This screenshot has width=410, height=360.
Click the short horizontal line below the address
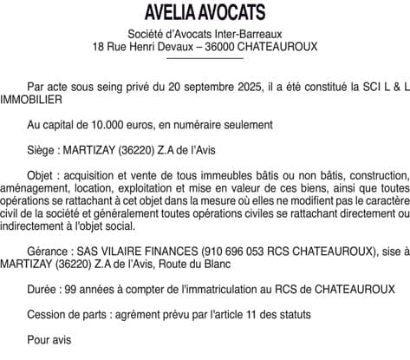205,58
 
